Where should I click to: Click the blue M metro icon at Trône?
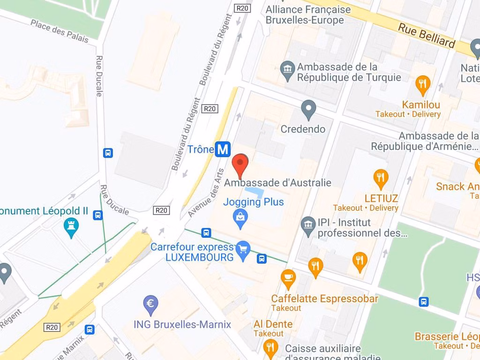pyautogui.click(x=223, y=150)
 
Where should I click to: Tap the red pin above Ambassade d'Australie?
pyautogui.click(x=240, y=165)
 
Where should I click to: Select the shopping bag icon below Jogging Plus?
pyautogui.click(x=240, y=217)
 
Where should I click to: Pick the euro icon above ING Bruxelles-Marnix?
pyautogui.click(x=150, y=304)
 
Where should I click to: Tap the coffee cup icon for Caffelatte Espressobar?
pyautogui.click(x=288, y=278)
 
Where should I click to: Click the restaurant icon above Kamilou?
pyautogui.click(x=423, y=84)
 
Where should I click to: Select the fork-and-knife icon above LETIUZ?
pyautogui.click(x=381, y=178)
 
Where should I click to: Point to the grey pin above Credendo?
pyautogui.click(x=308, y=109)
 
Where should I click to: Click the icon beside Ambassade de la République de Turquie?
pyautogui.click(x=287, y=70)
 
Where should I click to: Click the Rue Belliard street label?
pyautogui.click(x=427, y=35)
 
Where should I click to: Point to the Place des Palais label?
pyautogui.click(x=60, y=31)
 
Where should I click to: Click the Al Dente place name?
pyautogui.click(x=273, y=324)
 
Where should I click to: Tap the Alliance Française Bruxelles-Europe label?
pyautogui.click(x=308, y=15)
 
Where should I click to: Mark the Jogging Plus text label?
pyautogui.click(x=254, y=202)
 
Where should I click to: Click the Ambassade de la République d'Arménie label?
pyautogui.click(x=425, y=141)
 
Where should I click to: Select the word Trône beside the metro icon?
pyautogui.click(x=201, y=150)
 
